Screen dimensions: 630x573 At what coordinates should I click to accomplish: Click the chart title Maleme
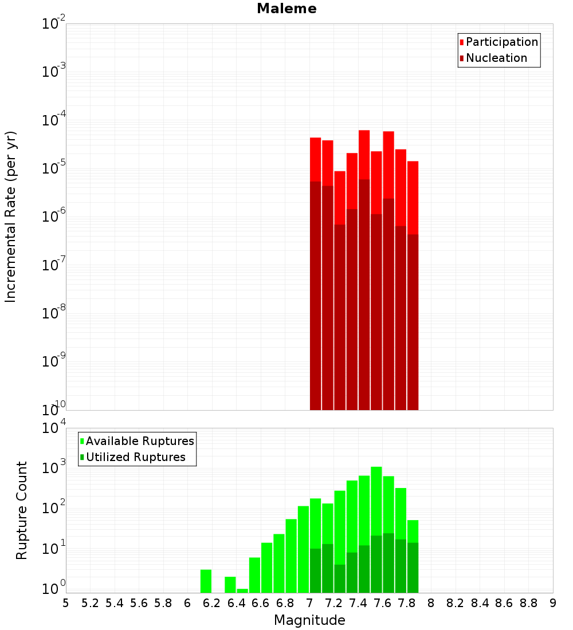point(286,9)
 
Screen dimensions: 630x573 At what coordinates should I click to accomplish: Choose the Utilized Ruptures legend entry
point(135,458)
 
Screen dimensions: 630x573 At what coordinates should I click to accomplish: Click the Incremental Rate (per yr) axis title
point(11,216)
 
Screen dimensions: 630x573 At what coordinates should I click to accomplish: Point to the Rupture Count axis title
point(22,510)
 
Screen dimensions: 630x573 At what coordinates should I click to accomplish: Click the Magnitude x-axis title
point(309,620)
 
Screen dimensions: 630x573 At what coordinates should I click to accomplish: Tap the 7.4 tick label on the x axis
point(358,603)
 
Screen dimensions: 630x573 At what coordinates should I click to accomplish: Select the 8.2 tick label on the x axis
point(456,603)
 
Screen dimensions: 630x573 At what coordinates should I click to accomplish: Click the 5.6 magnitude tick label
point(139,603)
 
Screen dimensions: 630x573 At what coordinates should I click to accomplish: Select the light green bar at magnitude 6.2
point(206,581)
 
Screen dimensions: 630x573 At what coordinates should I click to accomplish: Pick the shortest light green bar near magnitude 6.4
point(242,590)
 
